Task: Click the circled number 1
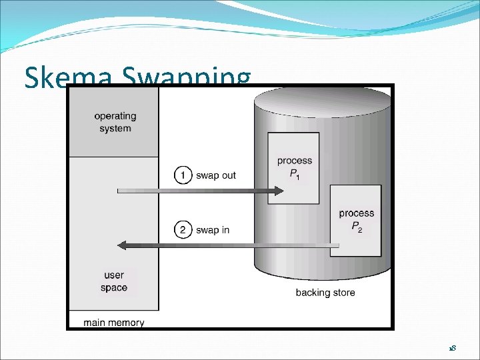point(182,175)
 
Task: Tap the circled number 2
point(182,230)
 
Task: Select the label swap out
point(215,175)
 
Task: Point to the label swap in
point(212,230)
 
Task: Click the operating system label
point(115,122)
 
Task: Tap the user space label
point(114,281)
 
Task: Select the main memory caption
point(114,323)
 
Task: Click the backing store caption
point(325,292)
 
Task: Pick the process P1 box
point(294,168)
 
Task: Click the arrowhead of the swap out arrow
point(279,191)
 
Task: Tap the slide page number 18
point(451,349)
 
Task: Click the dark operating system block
point(114,122)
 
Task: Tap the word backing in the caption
point(311,292)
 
